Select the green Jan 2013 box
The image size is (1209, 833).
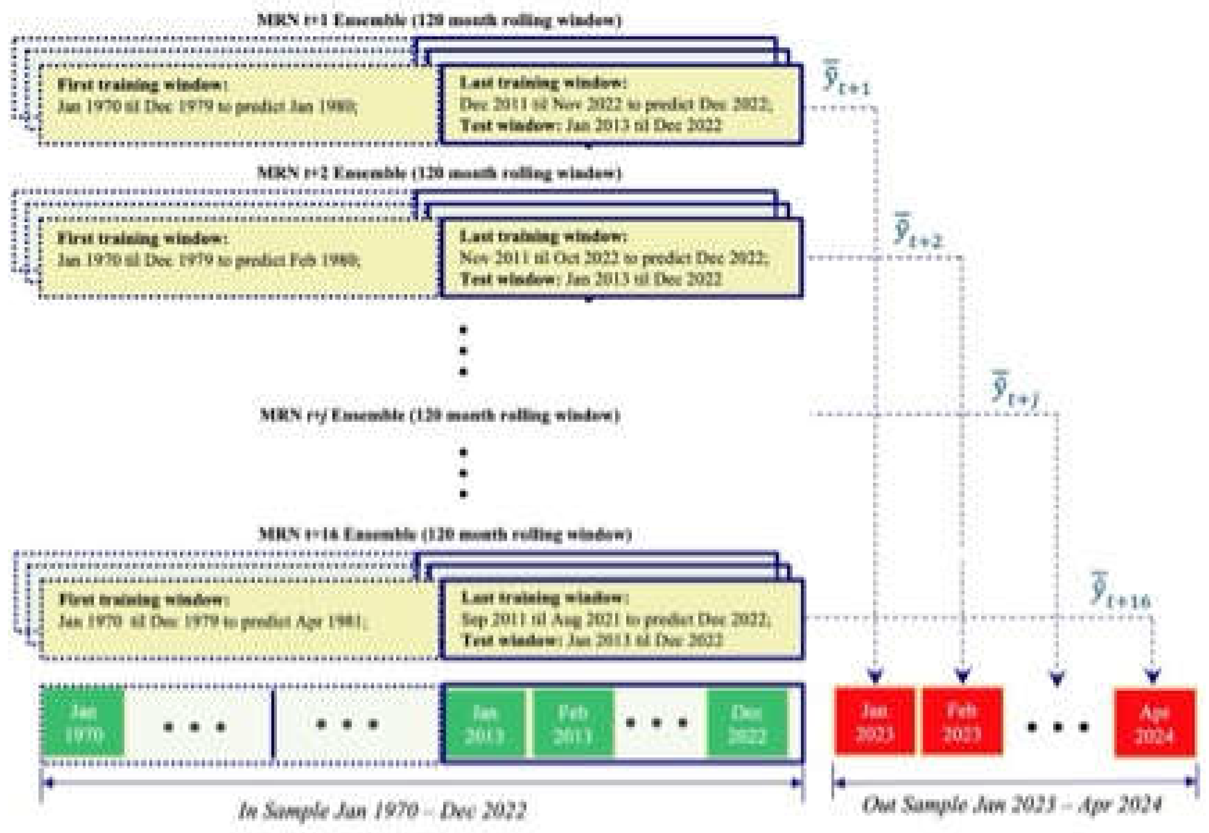[485, 723]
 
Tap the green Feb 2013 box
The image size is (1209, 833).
[573, 723]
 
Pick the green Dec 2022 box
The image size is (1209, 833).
[747, 723]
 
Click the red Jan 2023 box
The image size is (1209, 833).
[875, 722]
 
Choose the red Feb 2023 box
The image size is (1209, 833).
[962, 722]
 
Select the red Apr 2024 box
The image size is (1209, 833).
[1155, 723]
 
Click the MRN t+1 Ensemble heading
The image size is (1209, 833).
[439, 21]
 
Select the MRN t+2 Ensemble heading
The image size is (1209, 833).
[439, 173]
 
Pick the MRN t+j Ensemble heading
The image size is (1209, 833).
[439, 416]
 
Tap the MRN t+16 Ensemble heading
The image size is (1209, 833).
[444, 534]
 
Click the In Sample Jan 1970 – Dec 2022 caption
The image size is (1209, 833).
[382, 811]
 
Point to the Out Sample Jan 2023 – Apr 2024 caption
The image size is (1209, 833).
[1012, 805]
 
